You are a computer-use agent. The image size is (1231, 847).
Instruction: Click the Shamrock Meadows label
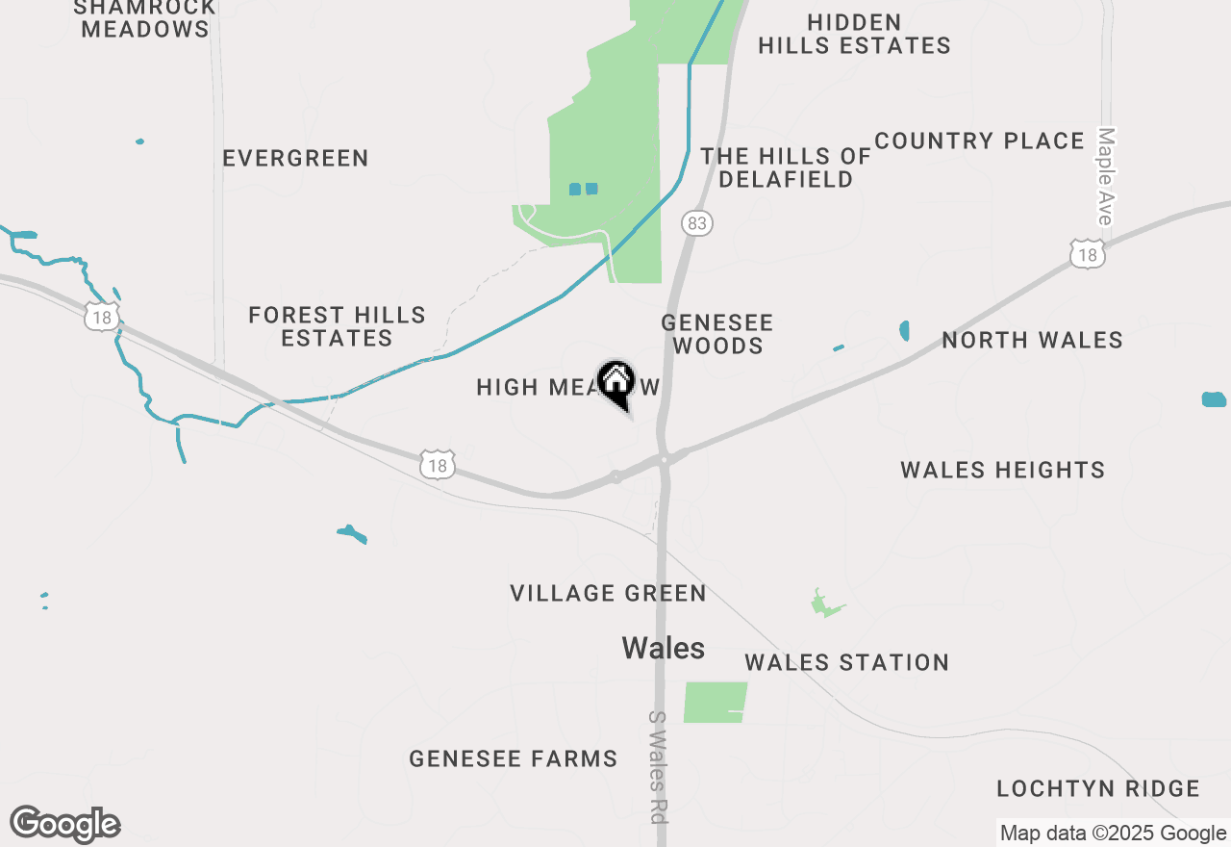click(x=144, y=18)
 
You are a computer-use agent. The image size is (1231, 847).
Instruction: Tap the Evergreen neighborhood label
click(x=295, y=158)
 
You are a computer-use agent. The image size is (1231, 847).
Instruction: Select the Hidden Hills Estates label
click(x=854, y=34)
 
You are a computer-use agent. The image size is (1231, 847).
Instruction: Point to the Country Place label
click(x=979, y=141)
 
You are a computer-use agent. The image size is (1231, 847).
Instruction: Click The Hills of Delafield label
click(x=786, y=167)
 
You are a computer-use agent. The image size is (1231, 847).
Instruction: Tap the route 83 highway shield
click(x=697, y=224)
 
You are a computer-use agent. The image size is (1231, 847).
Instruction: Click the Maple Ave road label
click(x=1105, y=177)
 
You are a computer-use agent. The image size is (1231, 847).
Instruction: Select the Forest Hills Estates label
click(x=337, y=326)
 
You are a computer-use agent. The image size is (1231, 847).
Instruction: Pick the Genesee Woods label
click(x=717, y=334)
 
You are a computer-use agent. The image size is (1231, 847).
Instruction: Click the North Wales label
click(x=1032, y=340)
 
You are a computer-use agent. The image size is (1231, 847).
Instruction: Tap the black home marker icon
click(x=615, y=381)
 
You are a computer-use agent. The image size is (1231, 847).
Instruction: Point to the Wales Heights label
click(x=1002, y=470)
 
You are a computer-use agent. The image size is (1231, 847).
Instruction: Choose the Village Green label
click(x=608, y=593)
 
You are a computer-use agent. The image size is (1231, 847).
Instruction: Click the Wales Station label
click(x=846, y=662)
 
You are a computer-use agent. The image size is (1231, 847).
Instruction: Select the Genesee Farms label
click(x=513, y=758)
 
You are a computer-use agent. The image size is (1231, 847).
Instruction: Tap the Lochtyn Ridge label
click(x=1097, y=789)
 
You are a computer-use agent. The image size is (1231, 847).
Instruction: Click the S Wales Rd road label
click(x=658, y=767)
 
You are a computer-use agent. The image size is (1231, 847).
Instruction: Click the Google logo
click(x=65, y=824)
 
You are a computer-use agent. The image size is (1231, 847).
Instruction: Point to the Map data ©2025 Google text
click(x=1114, y=834)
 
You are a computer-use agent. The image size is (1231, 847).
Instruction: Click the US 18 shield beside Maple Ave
click(x=1088, y=253)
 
